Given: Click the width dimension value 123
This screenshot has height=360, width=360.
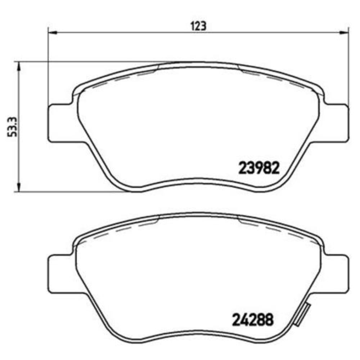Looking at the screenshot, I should pos(198,26).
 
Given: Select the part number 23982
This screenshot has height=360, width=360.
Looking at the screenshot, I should pos(258,168).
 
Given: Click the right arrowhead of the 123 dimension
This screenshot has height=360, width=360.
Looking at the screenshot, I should pos(344,33).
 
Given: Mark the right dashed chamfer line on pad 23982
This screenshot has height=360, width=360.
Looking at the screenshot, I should pos(274,77).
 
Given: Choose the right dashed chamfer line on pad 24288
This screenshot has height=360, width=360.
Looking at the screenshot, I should pos(274,228).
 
